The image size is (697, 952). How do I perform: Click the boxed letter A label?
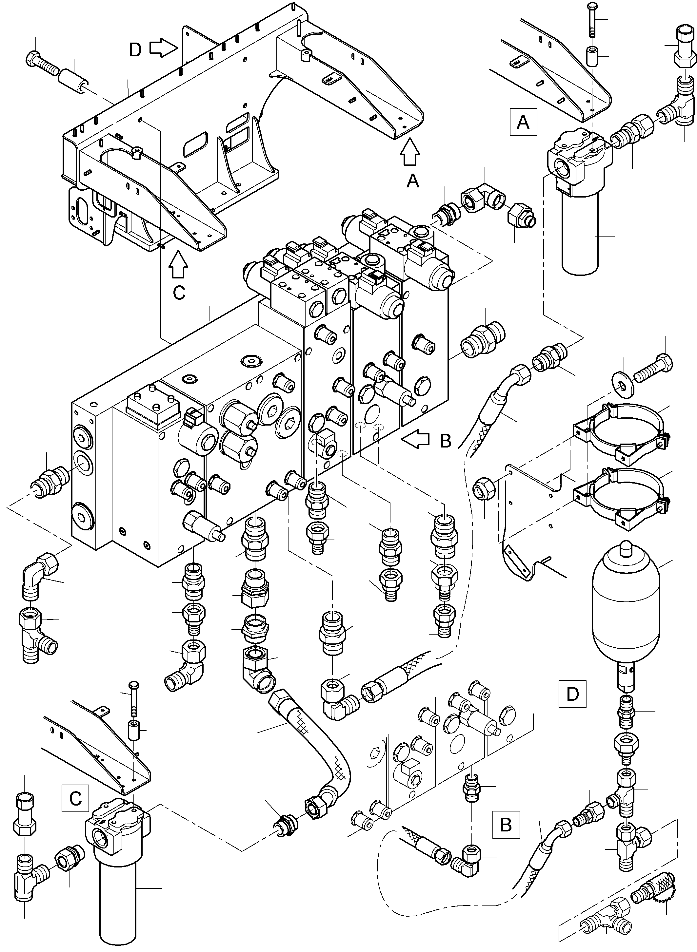523,122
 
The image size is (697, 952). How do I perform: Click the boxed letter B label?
506,824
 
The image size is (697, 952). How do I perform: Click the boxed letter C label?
75,798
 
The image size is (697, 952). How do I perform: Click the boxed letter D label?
572,694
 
